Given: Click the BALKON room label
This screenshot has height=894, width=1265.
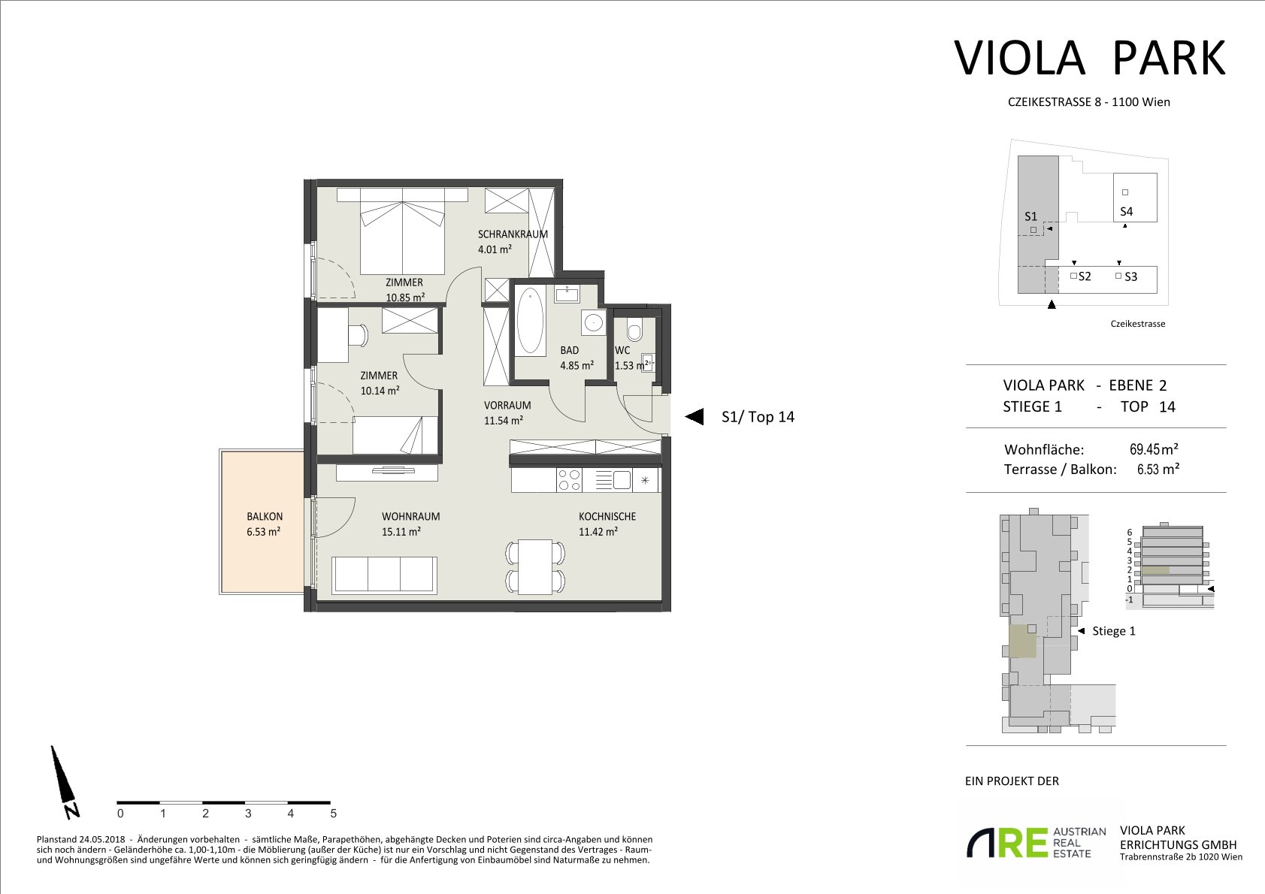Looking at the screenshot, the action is pos(265,516).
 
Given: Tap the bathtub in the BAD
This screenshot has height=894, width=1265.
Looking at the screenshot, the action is pos(530,321).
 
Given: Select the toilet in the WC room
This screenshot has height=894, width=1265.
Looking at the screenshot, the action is pos(634,331).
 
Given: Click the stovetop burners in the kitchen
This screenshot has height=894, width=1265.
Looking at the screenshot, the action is pos(569,480).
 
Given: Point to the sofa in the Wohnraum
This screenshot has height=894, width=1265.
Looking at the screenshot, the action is pos(385,575).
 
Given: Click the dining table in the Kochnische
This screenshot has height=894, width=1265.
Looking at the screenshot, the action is pos(535,566).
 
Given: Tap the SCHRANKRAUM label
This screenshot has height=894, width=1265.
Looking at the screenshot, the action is pos(513,234).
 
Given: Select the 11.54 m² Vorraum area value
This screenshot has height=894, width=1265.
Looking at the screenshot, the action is pos(503,421).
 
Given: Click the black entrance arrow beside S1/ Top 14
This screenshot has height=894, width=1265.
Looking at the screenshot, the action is pos(694,416).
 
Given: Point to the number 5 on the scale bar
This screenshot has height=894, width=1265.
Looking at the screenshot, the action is pos(333,814).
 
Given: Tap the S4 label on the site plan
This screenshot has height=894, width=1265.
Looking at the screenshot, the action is pos(1127,212).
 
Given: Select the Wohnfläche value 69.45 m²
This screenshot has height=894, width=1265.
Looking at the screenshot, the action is pos(1154,449).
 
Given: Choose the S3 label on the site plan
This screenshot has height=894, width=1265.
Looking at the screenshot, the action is pos(1130,276).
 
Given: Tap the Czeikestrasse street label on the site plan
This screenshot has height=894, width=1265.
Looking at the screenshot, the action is pos(1138,324).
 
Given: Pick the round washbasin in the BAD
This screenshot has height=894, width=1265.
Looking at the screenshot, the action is pos(593,323).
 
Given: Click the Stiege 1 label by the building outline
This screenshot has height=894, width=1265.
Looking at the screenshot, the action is pos(1114,631).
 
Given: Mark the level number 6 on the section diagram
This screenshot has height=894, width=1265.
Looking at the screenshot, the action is pos(1130,532).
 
